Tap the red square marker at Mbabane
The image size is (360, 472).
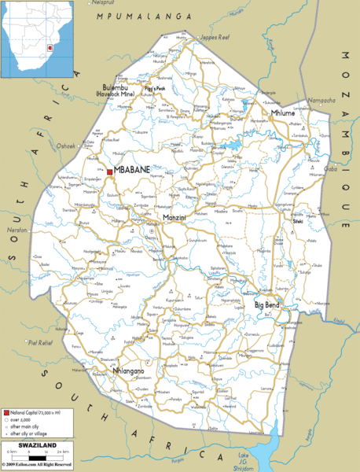(109, 171)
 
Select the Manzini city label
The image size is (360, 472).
(174, 216)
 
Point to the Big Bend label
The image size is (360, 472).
(267, 304)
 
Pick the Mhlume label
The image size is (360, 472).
(283, 113)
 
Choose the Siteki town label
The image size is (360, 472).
(298, 221)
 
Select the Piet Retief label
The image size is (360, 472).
(39, 342)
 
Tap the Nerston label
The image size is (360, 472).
(14, 230)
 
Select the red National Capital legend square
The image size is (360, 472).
(6, 413)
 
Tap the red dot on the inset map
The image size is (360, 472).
(50, 47)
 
